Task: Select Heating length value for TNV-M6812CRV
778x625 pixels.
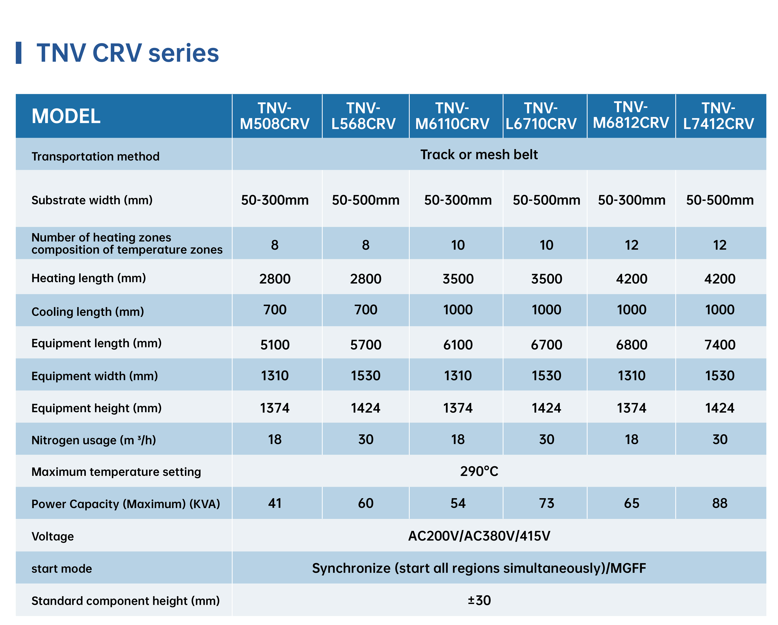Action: point(631,279)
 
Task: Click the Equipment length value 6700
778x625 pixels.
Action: point(546,345)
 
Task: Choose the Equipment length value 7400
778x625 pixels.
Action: point(720,345)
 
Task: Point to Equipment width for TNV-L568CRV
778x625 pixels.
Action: point(366,376)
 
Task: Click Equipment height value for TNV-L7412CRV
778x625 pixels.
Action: point(720,408)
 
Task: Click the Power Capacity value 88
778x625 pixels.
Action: point(720,503)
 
